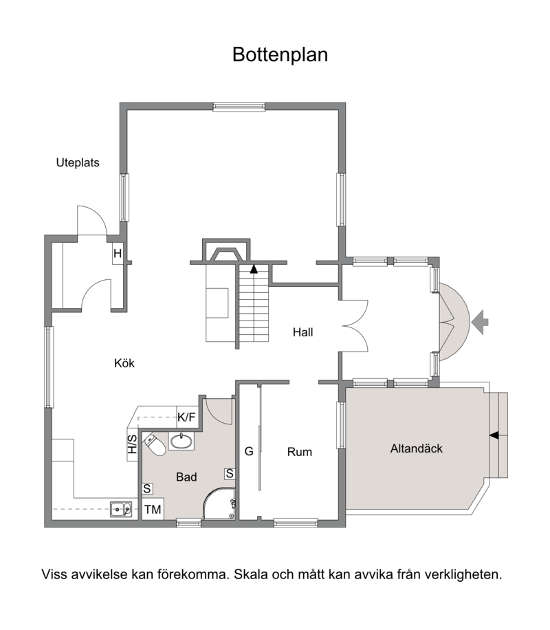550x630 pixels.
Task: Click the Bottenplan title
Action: pos(280,55)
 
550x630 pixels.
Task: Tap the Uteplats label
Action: pos(78,163)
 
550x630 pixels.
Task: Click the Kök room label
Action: pos(124,364)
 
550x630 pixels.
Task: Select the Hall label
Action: pos(302,332)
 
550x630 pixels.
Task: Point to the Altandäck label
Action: pos(416,448)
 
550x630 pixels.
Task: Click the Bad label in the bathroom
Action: pos(186,477)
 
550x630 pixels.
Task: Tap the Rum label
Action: pos(300,452)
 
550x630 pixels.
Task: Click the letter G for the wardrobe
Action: pos(249,452)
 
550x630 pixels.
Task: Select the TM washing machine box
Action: pos(153,510)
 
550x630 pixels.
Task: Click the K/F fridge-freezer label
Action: pos(187,417)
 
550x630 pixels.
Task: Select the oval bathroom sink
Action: pos(181,441)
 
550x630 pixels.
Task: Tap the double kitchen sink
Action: pos(122,510)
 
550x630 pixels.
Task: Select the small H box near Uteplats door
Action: pos(118,254)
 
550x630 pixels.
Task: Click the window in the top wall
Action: pos(239,107)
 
